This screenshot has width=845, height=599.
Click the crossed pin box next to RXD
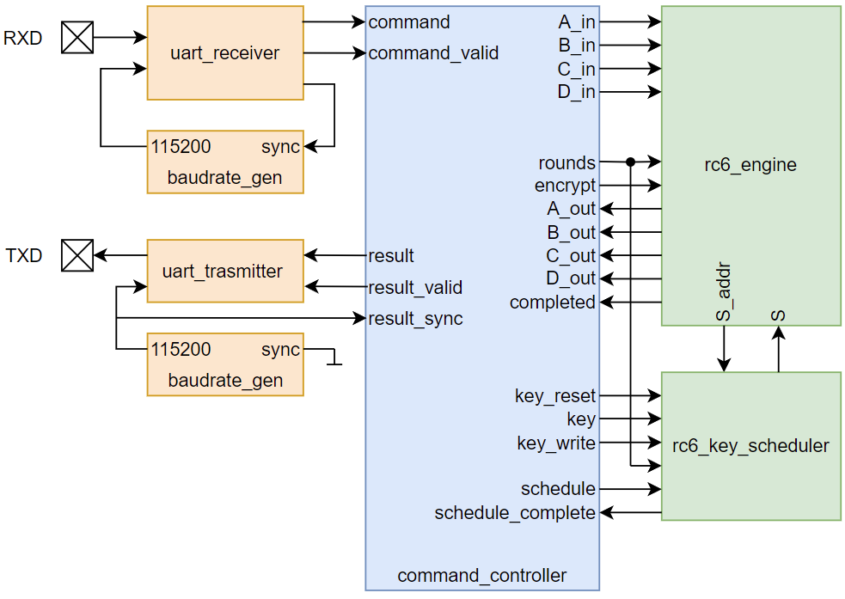pos(77,38)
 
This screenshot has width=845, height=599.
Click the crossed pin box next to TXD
pos(77,255)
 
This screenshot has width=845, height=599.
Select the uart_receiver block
pos(224,53)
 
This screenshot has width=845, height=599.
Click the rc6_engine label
pos(750,165)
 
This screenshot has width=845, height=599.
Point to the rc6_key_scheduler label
pos(750,446)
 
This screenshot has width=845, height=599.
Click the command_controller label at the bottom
pos(481,576)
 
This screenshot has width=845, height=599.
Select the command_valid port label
pos(433,53)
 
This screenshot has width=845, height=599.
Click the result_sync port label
pos(415,319)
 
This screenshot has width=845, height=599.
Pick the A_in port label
pos(576,22)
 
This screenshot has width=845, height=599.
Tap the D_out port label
pos(571,278)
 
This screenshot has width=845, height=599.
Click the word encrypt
pos(565,186)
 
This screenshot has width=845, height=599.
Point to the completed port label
pos(552,303)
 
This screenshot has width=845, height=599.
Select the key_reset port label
pos(554,396)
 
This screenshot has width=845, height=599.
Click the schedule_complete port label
pos(514,513)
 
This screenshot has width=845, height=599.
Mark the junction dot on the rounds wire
pos(630,162)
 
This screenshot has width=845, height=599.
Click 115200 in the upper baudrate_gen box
pos(181,146)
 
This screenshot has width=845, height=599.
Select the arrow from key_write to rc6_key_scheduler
pos(628,443)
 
